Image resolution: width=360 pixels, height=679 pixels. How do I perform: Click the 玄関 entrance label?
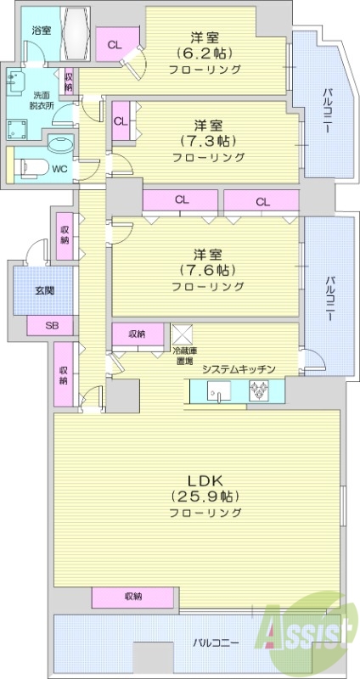[44, 290]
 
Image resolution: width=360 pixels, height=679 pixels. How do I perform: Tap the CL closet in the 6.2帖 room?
[112, 45]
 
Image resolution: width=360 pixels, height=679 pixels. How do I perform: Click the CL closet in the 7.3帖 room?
[121, 121]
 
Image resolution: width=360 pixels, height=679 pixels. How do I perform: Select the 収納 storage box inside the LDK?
[132, 597]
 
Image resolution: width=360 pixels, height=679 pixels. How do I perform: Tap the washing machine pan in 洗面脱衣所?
[19, 130]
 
